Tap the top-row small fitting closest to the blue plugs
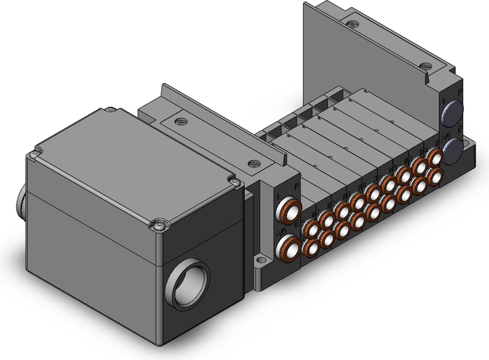pos(435,158)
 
